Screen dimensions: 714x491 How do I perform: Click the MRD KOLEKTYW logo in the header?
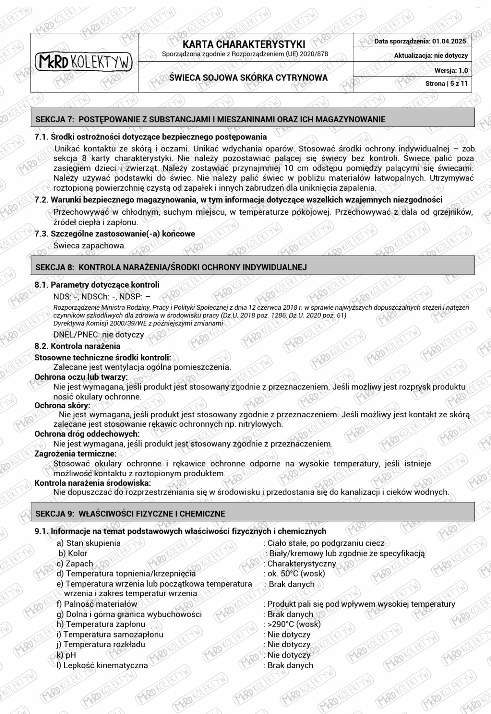click(84, 62)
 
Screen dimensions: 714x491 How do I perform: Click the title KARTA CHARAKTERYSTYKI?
click(244, 44)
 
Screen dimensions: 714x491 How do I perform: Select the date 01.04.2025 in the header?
click(449, 41)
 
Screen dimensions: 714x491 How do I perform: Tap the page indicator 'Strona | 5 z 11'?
click(446, 83)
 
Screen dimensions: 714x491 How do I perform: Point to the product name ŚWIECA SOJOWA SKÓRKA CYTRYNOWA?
click(248, 78)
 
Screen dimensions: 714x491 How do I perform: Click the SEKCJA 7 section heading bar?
click(252, 119)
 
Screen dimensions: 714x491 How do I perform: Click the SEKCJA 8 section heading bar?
click(252, 267)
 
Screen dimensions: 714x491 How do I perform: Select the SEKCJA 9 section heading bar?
click(252, 514)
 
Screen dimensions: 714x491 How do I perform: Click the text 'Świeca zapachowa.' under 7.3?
click(90, 246)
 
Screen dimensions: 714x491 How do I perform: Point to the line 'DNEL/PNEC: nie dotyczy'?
click(99, 334)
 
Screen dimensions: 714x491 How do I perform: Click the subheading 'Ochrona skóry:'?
click(62, 405)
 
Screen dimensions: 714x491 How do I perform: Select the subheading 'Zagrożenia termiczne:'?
click(75, 453)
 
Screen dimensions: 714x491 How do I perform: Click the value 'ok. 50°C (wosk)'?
click(296, 574)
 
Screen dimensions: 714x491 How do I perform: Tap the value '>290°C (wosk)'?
click(294, 624)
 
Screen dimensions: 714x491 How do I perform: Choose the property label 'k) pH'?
click(66, 655)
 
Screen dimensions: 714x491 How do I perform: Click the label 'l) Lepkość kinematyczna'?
click(102, 665)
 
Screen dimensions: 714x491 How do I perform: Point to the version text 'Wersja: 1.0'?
click(451, 70)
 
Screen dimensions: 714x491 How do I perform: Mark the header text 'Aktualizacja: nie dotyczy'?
click(431, 56)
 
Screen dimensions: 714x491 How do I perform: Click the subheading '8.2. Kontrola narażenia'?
click(77, 346)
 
